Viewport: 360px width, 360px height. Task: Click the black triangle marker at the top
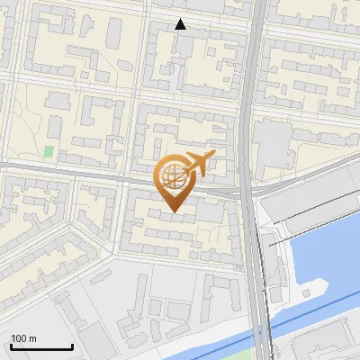(x=181, y=24)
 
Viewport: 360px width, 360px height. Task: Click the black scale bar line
(x=41, y=346)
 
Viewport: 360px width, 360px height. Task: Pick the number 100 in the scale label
(x=18, y=337)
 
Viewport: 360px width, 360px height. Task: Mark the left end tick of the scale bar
(x=11, y=345)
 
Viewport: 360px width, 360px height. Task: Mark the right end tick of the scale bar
(x=72, y=345)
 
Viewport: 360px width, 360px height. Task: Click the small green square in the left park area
(x=48, y=150)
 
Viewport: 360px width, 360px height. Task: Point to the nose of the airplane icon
(x=214, y=157)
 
